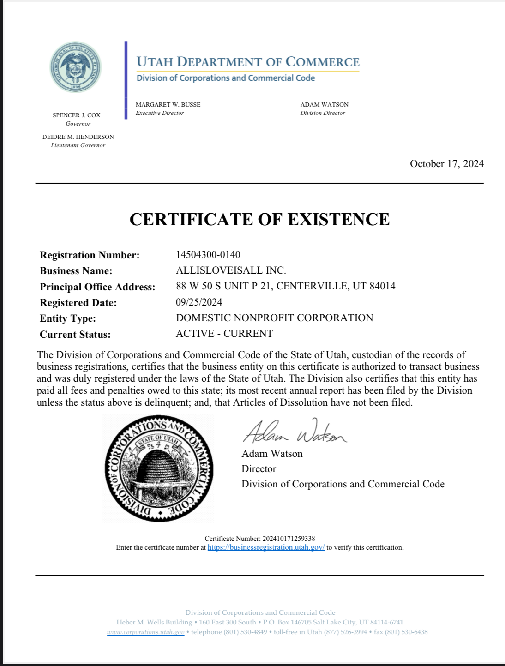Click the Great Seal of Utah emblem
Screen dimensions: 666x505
coord(76,67)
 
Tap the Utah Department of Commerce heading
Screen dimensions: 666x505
coord(248,62)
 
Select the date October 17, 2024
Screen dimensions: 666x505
coord(446,164)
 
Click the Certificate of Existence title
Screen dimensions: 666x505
coord(259,219)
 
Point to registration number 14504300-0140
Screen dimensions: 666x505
coord(208,255)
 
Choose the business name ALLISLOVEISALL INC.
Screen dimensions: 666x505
coord(231,270)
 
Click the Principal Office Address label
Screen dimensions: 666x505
coord(97,287)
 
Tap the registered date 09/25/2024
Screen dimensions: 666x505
coord(199,302)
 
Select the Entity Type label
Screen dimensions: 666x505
coord(68,318)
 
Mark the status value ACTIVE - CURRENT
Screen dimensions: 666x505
coord(224,334)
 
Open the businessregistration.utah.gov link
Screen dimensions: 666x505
coord(266,547)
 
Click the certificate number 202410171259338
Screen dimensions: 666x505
coord(289,539)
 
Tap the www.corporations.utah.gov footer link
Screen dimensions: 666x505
coord(145,632)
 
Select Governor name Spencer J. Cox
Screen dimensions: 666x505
coord(77,115)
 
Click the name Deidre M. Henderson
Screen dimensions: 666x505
coord(78,137)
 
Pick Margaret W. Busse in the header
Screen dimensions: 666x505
coord(168,105)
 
